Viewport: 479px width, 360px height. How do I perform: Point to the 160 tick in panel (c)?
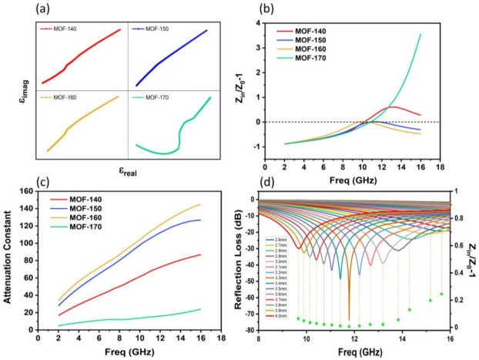coord(27,190)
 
